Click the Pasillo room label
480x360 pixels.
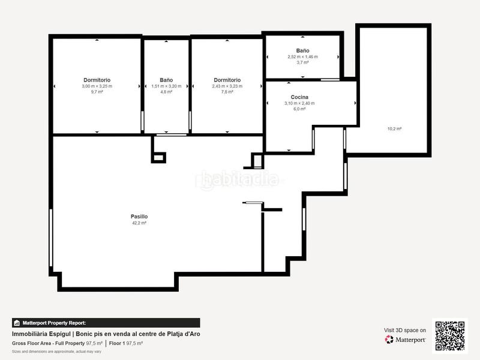pyautogui.click(x=139, y=217)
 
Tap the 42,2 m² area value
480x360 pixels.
pyautogui.click(x=139, y=223)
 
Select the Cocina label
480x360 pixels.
pyautogui.click(x=299, y=97)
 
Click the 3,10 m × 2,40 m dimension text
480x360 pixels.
pyautogui.click(x=299, y=103)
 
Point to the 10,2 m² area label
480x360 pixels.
pyautogui.click(x=394, y=128)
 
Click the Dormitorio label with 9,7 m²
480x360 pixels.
pyautogui.click(x=97, y=80)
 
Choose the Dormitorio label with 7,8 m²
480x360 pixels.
pyautogui.click(x=227, y=80)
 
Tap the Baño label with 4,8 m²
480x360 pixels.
pyautogui.click(x=166, y=80)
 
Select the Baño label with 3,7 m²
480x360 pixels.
pyautogui.click(x=302, y=51)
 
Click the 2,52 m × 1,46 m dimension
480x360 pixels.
pyautogui.click(x=302, y=57)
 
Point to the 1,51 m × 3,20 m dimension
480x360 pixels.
pyautogui.click(x=166, y=86)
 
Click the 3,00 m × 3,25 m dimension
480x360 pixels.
pyautogui.click(x=97, y=86)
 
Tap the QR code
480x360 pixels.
pyautogui.click(x=449, y=335)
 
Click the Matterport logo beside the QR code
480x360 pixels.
pyautogui.click(x=406, y=340)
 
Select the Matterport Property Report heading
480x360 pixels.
pyautogui.click(x=54, y=323)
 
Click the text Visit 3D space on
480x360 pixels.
pyautogui.click(x=405, y=330)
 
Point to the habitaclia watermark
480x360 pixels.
pyautogui.click(x=239, y=179)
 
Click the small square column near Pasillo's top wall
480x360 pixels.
pyautogui.click(x=159, y=157)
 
